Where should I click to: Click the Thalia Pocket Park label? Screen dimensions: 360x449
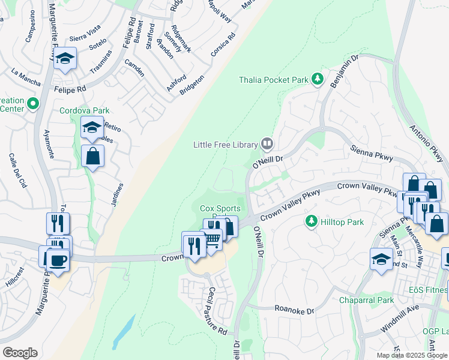(x=273, y=80)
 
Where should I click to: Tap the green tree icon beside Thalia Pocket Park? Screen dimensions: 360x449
(x=318, y=80)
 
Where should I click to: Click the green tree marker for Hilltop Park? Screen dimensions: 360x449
(x=311, y=222)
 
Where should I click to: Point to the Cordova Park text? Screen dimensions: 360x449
(x=80, y=111)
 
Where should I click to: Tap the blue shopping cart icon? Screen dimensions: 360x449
(x=211, y=239)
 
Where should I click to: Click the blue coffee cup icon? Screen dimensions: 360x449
(x=58, y=260)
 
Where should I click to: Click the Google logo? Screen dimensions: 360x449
(x=20, y=353)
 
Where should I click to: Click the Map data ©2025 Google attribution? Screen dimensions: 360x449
(x=411, y=355)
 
